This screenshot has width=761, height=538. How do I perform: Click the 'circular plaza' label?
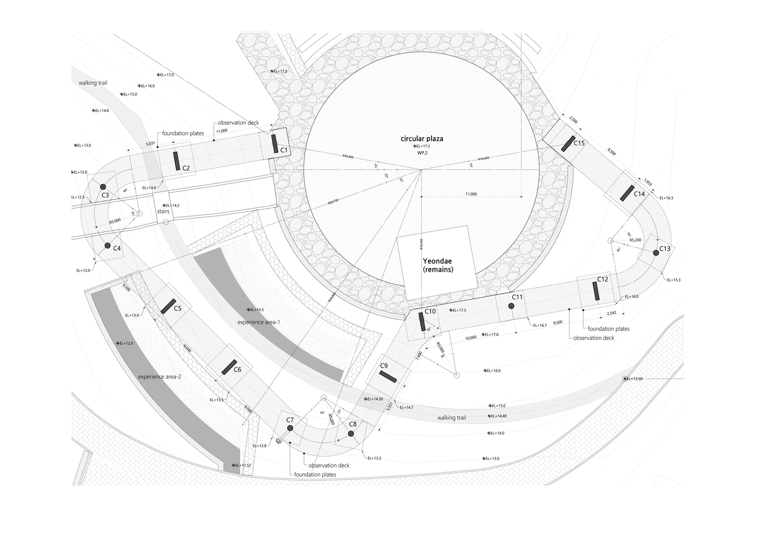421,139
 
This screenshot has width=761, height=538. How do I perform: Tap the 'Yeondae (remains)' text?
437,265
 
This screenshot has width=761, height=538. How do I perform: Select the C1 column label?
284,150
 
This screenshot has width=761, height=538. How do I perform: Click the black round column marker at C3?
103,187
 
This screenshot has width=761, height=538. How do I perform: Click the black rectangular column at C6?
230,366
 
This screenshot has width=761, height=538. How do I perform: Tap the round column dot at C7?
290,428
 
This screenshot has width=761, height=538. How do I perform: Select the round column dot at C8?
350,433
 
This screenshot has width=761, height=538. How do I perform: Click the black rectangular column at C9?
387,376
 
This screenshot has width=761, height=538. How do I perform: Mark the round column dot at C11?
511,306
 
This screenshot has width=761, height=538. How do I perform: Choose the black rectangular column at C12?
596,291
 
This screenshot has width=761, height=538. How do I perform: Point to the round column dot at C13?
656,252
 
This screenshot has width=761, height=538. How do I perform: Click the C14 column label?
639,194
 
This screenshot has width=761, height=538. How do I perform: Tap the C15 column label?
579,144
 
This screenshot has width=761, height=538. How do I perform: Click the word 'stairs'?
163,211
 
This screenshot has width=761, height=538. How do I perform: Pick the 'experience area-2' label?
159,377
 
